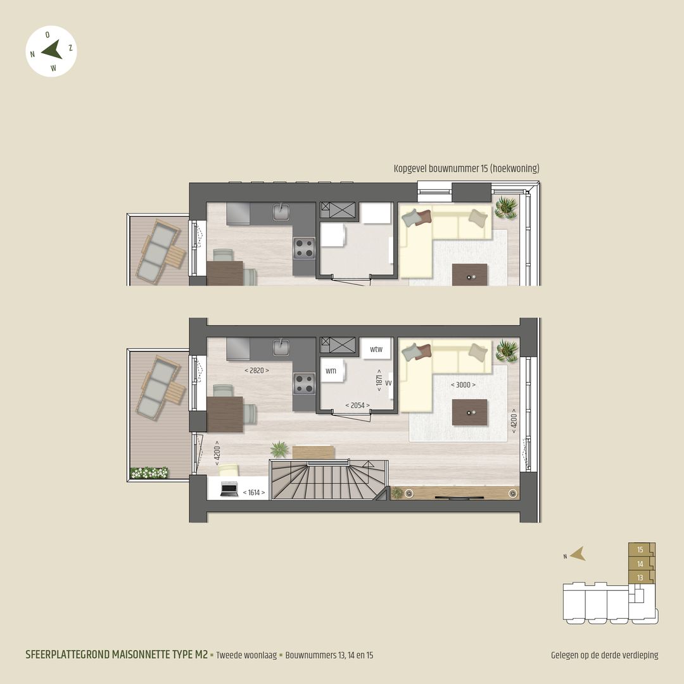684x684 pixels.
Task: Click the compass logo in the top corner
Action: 52,51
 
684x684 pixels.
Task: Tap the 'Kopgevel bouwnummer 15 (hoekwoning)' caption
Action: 466,168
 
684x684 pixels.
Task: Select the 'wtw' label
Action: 376,349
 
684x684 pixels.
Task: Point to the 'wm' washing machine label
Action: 331,371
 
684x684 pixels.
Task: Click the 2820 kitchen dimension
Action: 256,370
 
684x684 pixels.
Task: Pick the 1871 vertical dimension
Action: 379,380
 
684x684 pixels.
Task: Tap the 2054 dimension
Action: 357,405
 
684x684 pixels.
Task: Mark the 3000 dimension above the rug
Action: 462,384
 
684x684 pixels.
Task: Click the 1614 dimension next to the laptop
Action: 253,492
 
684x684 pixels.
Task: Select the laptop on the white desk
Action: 229,488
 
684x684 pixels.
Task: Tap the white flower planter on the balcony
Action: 149,472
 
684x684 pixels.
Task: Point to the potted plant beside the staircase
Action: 279,449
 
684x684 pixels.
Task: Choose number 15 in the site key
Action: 640,550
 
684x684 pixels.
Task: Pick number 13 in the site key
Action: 640,578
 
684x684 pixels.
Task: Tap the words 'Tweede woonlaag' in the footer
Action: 246,655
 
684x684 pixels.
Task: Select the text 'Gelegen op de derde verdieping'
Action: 604,655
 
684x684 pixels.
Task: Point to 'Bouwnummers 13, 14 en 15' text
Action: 329,655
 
